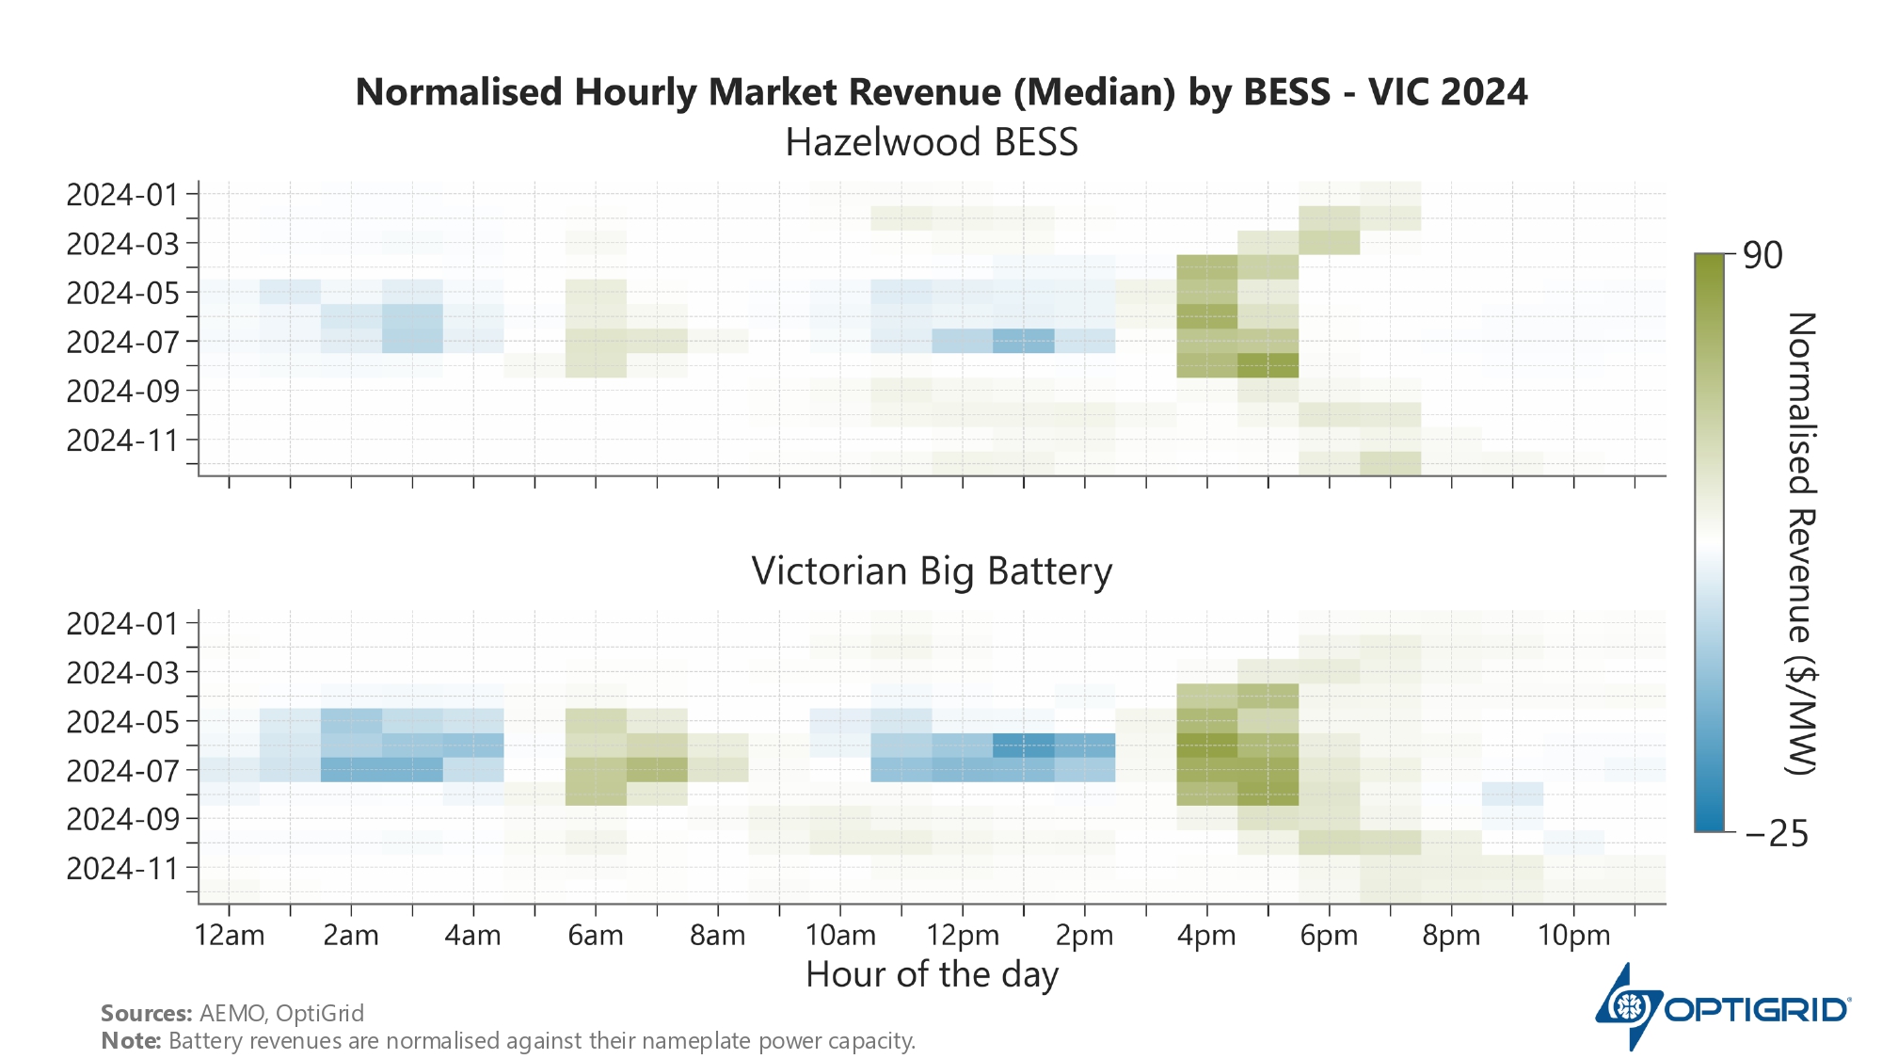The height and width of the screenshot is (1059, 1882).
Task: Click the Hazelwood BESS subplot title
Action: click(x=932, y=143)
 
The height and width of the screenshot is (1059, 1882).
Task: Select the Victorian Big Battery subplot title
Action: click(x=932, y=571)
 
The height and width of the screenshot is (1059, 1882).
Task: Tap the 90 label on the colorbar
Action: click(x=1762, y=255)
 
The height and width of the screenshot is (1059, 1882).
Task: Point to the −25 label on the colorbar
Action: click(x=1776, y=833)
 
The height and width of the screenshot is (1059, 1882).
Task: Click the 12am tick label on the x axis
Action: click(x=229, y=936)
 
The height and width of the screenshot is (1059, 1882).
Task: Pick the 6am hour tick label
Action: click(x=596, y=936)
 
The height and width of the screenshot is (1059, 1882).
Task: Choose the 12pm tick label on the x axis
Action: click(x=963, y=936)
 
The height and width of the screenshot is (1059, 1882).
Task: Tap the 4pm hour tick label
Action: click(x=1207, y=936)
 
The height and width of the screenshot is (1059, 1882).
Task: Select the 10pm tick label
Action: click(x=1574, y=936)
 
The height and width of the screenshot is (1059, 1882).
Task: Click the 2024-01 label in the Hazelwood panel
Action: click(x=122, y=195)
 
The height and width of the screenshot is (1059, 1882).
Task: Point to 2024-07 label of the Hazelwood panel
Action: click(x=122, y=342)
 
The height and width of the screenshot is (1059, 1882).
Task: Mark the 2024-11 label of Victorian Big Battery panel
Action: click(x=122, y=868)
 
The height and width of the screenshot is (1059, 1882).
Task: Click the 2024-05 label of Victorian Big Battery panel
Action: click(x=122, y=722)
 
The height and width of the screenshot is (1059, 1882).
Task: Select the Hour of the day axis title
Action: click(x=932, y=974)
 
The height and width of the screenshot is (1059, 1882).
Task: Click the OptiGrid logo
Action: click(x=1722, y=1007)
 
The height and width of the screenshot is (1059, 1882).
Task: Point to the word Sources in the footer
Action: click(x=146, y=1013)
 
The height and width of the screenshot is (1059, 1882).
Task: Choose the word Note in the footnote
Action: click(x=130, y=1041)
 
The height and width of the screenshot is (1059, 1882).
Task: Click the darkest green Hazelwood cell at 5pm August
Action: click(x=1268, y=365)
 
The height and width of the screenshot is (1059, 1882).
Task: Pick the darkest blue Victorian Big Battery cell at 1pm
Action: click(x=1024, y=746)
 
